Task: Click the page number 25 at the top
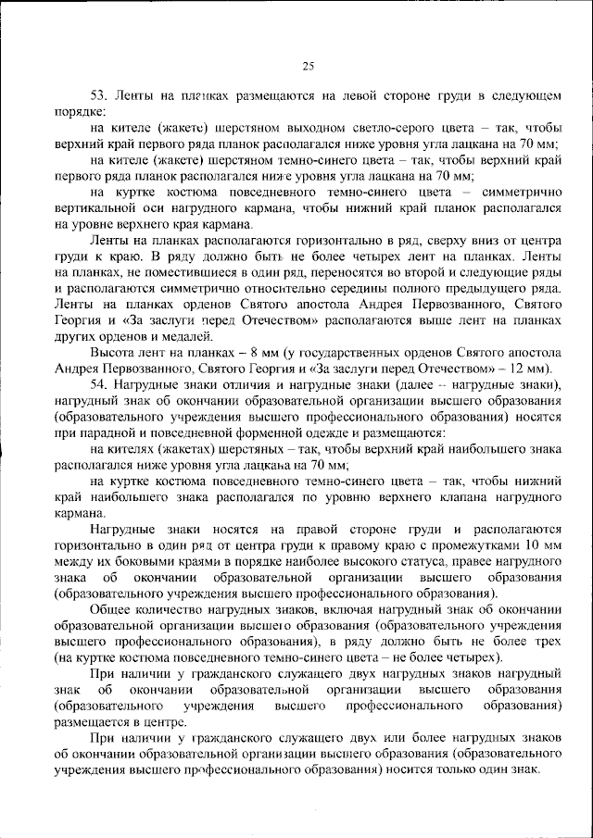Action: pos(309,65)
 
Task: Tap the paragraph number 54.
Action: pos(97,382)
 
